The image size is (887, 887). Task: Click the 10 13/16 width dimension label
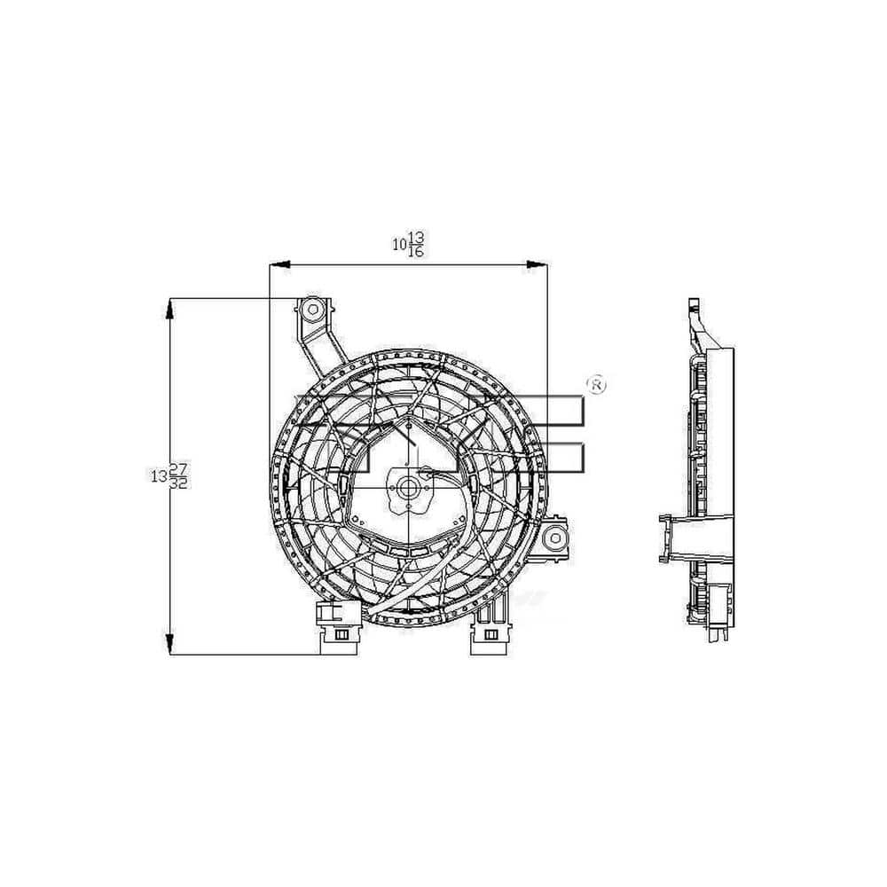pyautogui.click(x=408, y=244)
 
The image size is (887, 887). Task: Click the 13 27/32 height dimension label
pyautogui.click(x=169, y=475)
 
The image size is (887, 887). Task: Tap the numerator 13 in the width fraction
pyautogui.click(x=416, y=237)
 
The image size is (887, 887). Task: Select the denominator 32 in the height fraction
pyautogui.click(x=179, y=483)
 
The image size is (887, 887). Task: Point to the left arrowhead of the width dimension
pyautogui.click(x=280, y=264)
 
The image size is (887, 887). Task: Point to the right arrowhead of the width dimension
pyautogui.click(x=537, y=264)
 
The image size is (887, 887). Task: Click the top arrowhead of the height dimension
pyautogui.click(x=169, y=309)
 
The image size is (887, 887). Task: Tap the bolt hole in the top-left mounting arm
pyautogui.click(x=312, y=309)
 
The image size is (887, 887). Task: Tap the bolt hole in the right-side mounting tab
pyautogui.click(x=555, y=538)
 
